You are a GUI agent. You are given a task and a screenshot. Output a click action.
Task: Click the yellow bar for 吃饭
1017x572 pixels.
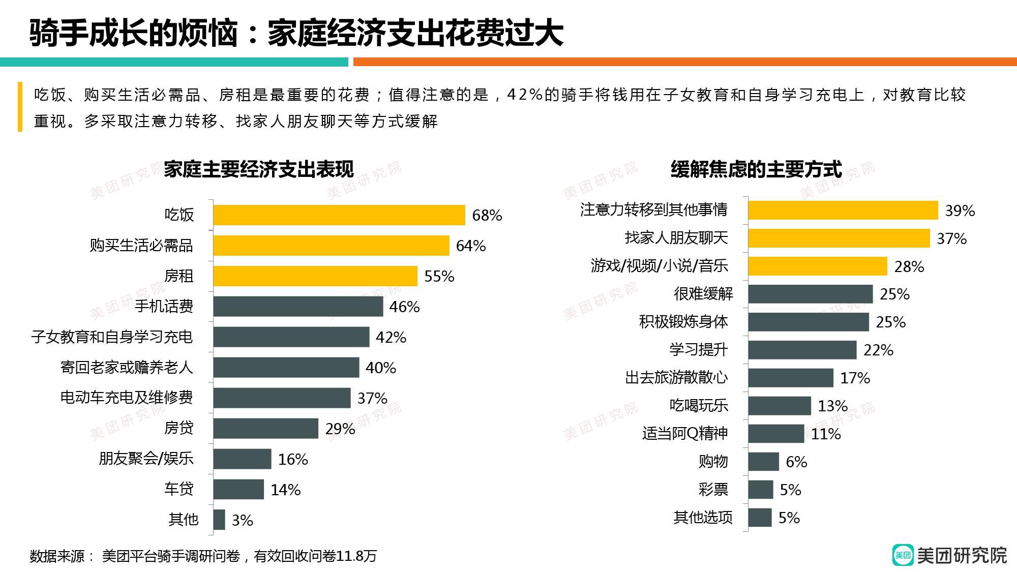pyautogui.click(x=339, y=215)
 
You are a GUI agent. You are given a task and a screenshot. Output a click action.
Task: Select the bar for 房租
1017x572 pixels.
pyautogui.click(x=315, y=276)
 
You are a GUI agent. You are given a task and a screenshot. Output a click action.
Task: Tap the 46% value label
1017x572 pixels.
pyautogui.click(x=404, y=307)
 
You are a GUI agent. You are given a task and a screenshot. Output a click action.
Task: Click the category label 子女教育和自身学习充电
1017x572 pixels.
pyautogui.click(x=112, y=337)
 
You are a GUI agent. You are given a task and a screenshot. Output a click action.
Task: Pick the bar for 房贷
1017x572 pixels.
pyautogui.click(x=265, y=429)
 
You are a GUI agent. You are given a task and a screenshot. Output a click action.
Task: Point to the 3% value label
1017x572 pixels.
pyautogui.click(x=242, y=521)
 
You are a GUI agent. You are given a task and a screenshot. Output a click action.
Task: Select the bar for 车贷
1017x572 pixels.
pyautogui.click(x=238, y=490)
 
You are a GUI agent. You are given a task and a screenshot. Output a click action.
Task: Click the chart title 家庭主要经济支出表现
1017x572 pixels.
pyautogui.click(x=258, y=169)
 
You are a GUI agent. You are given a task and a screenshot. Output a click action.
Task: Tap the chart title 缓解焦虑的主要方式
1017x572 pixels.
pyautogui.click(x=756, y=169)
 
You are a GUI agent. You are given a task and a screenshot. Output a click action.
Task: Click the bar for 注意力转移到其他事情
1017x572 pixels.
pyautogui.click(x=843, y=210)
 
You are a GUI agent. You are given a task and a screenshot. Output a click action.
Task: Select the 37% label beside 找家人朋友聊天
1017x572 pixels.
pyautogui.click(x=951, y=238)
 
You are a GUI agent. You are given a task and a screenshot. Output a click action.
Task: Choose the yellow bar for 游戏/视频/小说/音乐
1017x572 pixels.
pyautogui.click(x=817, y=266)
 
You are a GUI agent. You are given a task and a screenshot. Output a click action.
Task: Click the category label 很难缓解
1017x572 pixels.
pyautogui.click(x=703, y=294)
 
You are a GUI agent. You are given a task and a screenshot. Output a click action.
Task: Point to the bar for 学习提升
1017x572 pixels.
pyautogui.click(x=802, y=350)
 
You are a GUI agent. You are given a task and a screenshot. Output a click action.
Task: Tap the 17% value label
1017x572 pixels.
pyautogui.click(x=855, y=378)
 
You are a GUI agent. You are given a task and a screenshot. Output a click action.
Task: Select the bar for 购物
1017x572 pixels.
pyautogui.click(x=763, y=462)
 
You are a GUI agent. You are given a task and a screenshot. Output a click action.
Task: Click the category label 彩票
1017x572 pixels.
pyautogui.click(x=713, y=490)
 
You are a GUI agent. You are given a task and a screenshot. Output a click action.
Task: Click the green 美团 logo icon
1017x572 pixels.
pyautogui.click(x=903, y=555)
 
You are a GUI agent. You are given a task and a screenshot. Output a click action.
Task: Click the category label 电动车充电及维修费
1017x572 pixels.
pyautogui.click(x=127, y=398)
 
